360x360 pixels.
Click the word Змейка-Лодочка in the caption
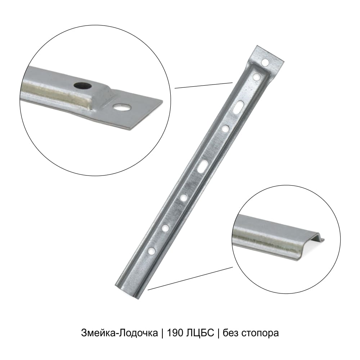[x=120, y=333]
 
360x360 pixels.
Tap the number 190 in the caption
[x=175, y=333]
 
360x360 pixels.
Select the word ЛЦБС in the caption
[x=201, y=333]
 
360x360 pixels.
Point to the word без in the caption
[x=230, y=333]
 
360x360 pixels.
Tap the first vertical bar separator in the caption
[x=162, y=333]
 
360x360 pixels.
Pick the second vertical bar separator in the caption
[x=219, y=333]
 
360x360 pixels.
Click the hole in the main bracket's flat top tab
[x=265, y=62]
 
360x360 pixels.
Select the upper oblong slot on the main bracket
[x=238, y=107]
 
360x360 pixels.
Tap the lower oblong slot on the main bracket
[x=203, y=166]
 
